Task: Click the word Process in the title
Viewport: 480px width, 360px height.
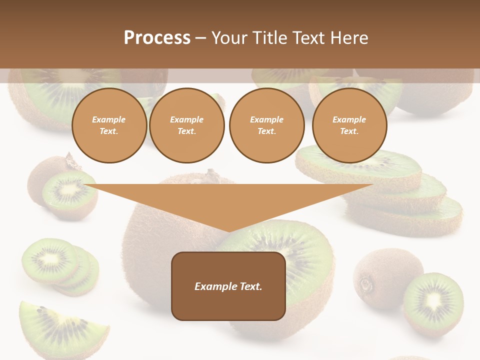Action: click(x=157, y=38)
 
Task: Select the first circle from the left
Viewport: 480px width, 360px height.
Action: click(x=109, y=125)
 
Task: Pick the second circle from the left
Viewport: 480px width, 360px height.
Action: click(x=186, y=125)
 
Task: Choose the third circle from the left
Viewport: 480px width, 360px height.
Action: click(x=266, y=125)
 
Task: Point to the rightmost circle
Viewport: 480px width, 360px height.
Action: click(x=349, y=125)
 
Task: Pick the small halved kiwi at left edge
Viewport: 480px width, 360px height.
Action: click(x=62, y=190)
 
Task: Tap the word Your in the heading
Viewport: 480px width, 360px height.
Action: click(x=230, y=38)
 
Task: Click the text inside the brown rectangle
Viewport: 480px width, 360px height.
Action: click(x=228, y=286)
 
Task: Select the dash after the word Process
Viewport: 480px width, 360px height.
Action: click(x=201, y=38)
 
